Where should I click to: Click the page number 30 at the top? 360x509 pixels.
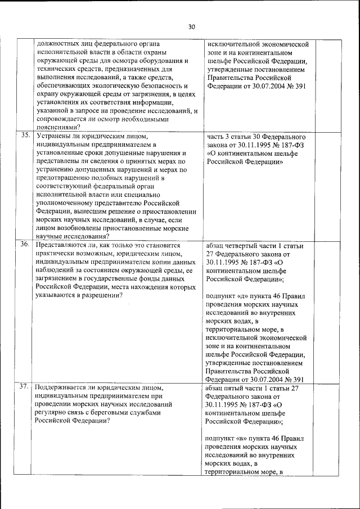(x=191, y=26)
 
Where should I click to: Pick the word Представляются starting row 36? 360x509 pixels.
(x=62, y=246)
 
